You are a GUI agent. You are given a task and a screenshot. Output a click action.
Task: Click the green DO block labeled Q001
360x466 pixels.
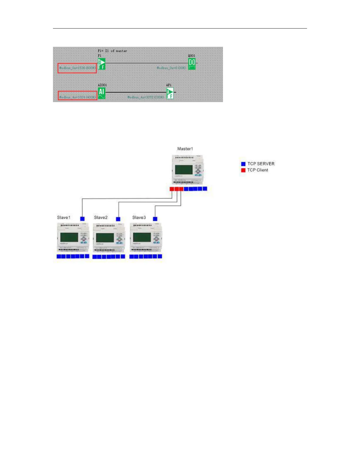pyautogui.click(x=192, y=64)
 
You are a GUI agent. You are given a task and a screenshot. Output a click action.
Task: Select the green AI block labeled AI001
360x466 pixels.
pyautogui.click(x=101, y=93)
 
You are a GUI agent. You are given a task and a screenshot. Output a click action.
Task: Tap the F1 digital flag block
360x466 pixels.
pyautogui.click(x=101, y=64)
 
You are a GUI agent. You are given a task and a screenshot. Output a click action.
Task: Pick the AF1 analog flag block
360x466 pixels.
pyautogui.click(x=170, y=93)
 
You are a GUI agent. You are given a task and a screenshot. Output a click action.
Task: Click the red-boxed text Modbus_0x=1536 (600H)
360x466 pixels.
pyautogui.click(x=77, y=68)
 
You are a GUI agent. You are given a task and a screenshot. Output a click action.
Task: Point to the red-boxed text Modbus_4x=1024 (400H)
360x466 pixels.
pyautogui.click(x=77, y=97)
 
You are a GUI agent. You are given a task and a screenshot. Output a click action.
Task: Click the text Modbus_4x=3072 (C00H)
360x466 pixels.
pyautogui.click(x=146, y=97)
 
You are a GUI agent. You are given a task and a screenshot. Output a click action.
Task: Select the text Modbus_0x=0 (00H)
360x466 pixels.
pyautogui.click(x=171, y=68)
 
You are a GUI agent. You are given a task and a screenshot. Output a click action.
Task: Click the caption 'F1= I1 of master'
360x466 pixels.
pyautogui.click(x=112, y=51)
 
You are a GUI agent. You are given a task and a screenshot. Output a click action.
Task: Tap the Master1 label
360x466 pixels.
pyautogui.click(x=185, y=149)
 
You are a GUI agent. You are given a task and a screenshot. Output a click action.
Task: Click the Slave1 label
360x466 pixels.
pyautogui.click(x=64, y=217)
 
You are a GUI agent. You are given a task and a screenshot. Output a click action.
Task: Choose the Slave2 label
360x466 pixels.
pyautogui.click(x=101, y=217)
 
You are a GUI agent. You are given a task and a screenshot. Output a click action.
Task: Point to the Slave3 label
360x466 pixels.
pyautogui.click(x=139, y=217)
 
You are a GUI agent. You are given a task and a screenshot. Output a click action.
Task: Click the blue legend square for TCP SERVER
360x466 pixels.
pyautogui.click(x=243, y=164)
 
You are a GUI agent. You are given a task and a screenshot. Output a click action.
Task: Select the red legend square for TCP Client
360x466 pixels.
pyautogui.click(x=243, y=170)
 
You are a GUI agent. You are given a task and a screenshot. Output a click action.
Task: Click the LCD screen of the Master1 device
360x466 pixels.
pyautogui.click(x=184, y=170)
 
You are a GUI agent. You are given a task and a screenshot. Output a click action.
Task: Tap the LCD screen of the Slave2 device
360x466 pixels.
pyautogui.click(x=105, y=238)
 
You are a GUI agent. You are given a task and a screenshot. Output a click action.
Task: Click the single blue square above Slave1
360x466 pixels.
pyautogui.click(x=82, y=219)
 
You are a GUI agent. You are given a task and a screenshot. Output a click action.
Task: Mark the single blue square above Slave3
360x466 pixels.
pyautogui.click(x=155, y=219)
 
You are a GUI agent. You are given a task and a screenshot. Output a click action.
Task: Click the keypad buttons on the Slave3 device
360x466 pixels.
pyautogui.click(x=156, y=237)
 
